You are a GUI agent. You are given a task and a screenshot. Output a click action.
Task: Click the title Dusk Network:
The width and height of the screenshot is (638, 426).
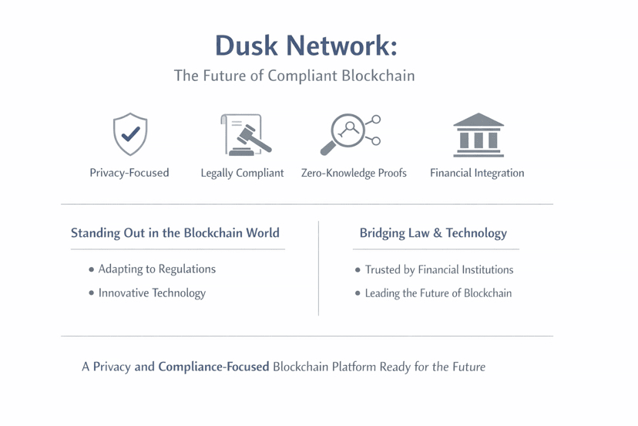(x=307, y=46)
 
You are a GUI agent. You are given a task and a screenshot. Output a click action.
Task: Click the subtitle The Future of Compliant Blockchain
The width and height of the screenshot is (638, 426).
(x=294, y=76)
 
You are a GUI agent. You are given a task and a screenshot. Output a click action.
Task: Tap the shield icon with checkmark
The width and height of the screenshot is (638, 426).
(x=130, y=134)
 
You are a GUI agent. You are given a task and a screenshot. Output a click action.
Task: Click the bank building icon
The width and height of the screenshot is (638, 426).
(x=478, y=134)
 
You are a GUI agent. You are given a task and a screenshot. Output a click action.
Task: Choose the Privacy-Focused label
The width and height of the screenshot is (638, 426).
(x=129, y=173)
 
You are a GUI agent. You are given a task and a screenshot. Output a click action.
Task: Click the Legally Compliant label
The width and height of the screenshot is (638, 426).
(x=242, y=173)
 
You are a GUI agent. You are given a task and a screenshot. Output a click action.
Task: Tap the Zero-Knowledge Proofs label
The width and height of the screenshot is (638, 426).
(x=354, y=173)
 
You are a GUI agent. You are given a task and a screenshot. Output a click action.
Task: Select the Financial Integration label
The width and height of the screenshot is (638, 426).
(x=477, y=173)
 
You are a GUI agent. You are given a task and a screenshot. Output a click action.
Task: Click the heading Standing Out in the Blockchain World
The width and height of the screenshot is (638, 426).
(x=175, y=233)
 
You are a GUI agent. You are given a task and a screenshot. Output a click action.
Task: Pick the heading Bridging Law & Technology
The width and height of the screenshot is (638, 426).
(x=433, y=233)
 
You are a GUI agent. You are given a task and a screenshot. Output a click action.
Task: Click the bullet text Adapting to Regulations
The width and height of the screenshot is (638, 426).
(x=157, y=269)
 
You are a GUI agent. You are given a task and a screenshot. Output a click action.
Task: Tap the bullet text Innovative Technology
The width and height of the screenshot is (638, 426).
(x=152, y=293)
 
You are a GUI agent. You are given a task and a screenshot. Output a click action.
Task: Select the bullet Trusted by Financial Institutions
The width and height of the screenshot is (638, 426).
(x=439, y=270)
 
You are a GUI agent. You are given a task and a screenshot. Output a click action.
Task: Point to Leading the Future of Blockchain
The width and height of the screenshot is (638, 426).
(x=438, y=293)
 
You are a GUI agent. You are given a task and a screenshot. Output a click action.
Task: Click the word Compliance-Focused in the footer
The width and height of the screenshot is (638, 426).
(x=213, y=367)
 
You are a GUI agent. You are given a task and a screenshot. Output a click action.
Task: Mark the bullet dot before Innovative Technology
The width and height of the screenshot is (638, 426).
(x=92, y=293)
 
